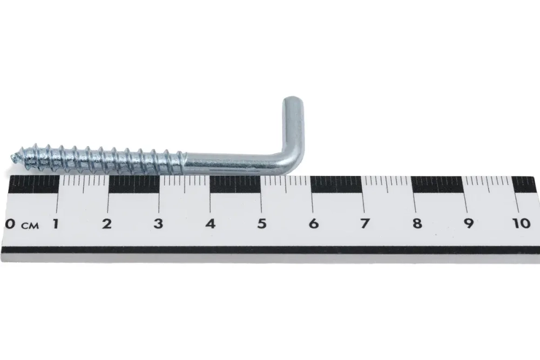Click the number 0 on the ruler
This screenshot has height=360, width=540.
pos(10,224)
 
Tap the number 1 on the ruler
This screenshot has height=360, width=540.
pos(55,223)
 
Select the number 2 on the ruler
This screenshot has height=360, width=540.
pos(107,223)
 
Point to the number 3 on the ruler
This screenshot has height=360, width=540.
pos(158,223)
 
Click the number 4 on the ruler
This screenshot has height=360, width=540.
pos(211,223)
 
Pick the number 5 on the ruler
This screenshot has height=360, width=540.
pos(262,223)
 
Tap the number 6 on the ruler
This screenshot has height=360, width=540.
pos(313,223)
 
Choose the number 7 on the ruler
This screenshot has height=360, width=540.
pos(364,223)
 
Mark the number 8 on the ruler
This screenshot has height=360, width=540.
pos(417,223)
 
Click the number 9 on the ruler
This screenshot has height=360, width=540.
pos(468,223)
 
